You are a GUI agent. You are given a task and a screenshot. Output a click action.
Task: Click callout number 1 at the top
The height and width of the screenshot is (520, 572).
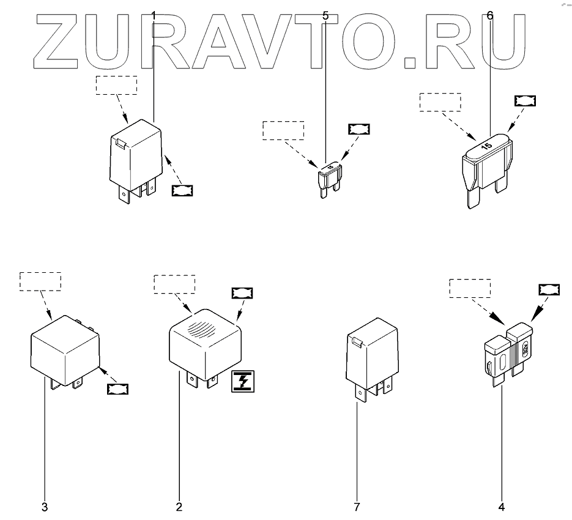[154, 15]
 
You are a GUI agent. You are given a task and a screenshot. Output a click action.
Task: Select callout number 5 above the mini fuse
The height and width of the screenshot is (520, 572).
[325, 15]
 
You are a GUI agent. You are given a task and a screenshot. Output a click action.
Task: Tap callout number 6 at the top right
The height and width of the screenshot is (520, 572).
[489, 15]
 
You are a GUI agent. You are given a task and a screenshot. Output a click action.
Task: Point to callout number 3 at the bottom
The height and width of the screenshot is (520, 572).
[45, 507]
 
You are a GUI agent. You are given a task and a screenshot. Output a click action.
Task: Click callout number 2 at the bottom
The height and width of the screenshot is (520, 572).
[179, 507]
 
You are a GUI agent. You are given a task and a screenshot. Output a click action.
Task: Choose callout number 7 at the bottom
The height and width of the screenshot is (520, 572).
[357, 507]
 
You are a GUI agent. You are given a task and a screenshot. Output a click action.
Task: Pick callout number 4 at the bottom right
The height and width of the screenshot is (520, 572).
[502, 507]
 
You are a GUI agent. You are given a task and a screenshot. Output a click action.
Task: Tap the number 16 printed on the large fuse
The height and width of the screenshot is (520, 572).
[487, 146]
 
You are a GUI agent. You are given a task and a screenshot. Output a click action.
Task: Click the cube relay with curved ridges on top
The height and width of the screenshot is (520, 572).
[204, 343]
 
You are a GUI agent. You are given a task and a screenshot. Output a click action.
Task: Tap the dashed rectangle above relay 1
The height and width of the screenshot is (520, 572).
[116, 86]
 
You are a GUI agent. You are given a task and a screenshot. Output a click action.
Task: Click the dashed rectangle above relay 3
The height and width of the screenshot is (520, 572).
[40, 281]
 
